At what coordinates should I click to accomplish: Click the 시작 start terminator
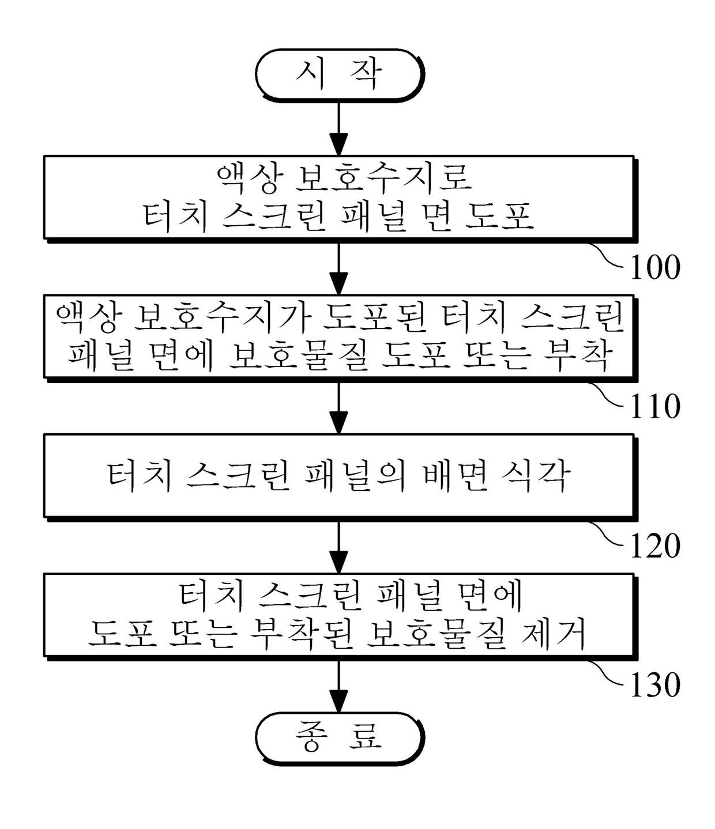339,74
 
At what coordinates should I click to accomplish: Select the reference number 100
655,267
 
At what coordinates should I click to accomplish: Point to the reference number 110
655,406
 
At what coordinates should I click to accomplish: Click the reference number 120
655,546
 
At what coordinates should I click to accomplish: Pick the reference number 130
655,685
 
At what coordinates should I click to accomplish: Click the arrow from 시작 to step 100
339,128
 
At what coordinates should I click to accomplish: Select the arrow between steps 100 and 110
339,268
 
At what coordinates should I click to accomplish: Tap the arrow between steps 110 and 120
339,407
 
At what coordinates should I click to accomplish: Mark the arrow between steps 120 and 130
339,547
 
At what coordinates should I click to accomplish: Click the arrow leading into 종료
339,686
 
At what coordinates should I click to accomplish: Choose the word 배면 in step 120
456,476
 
